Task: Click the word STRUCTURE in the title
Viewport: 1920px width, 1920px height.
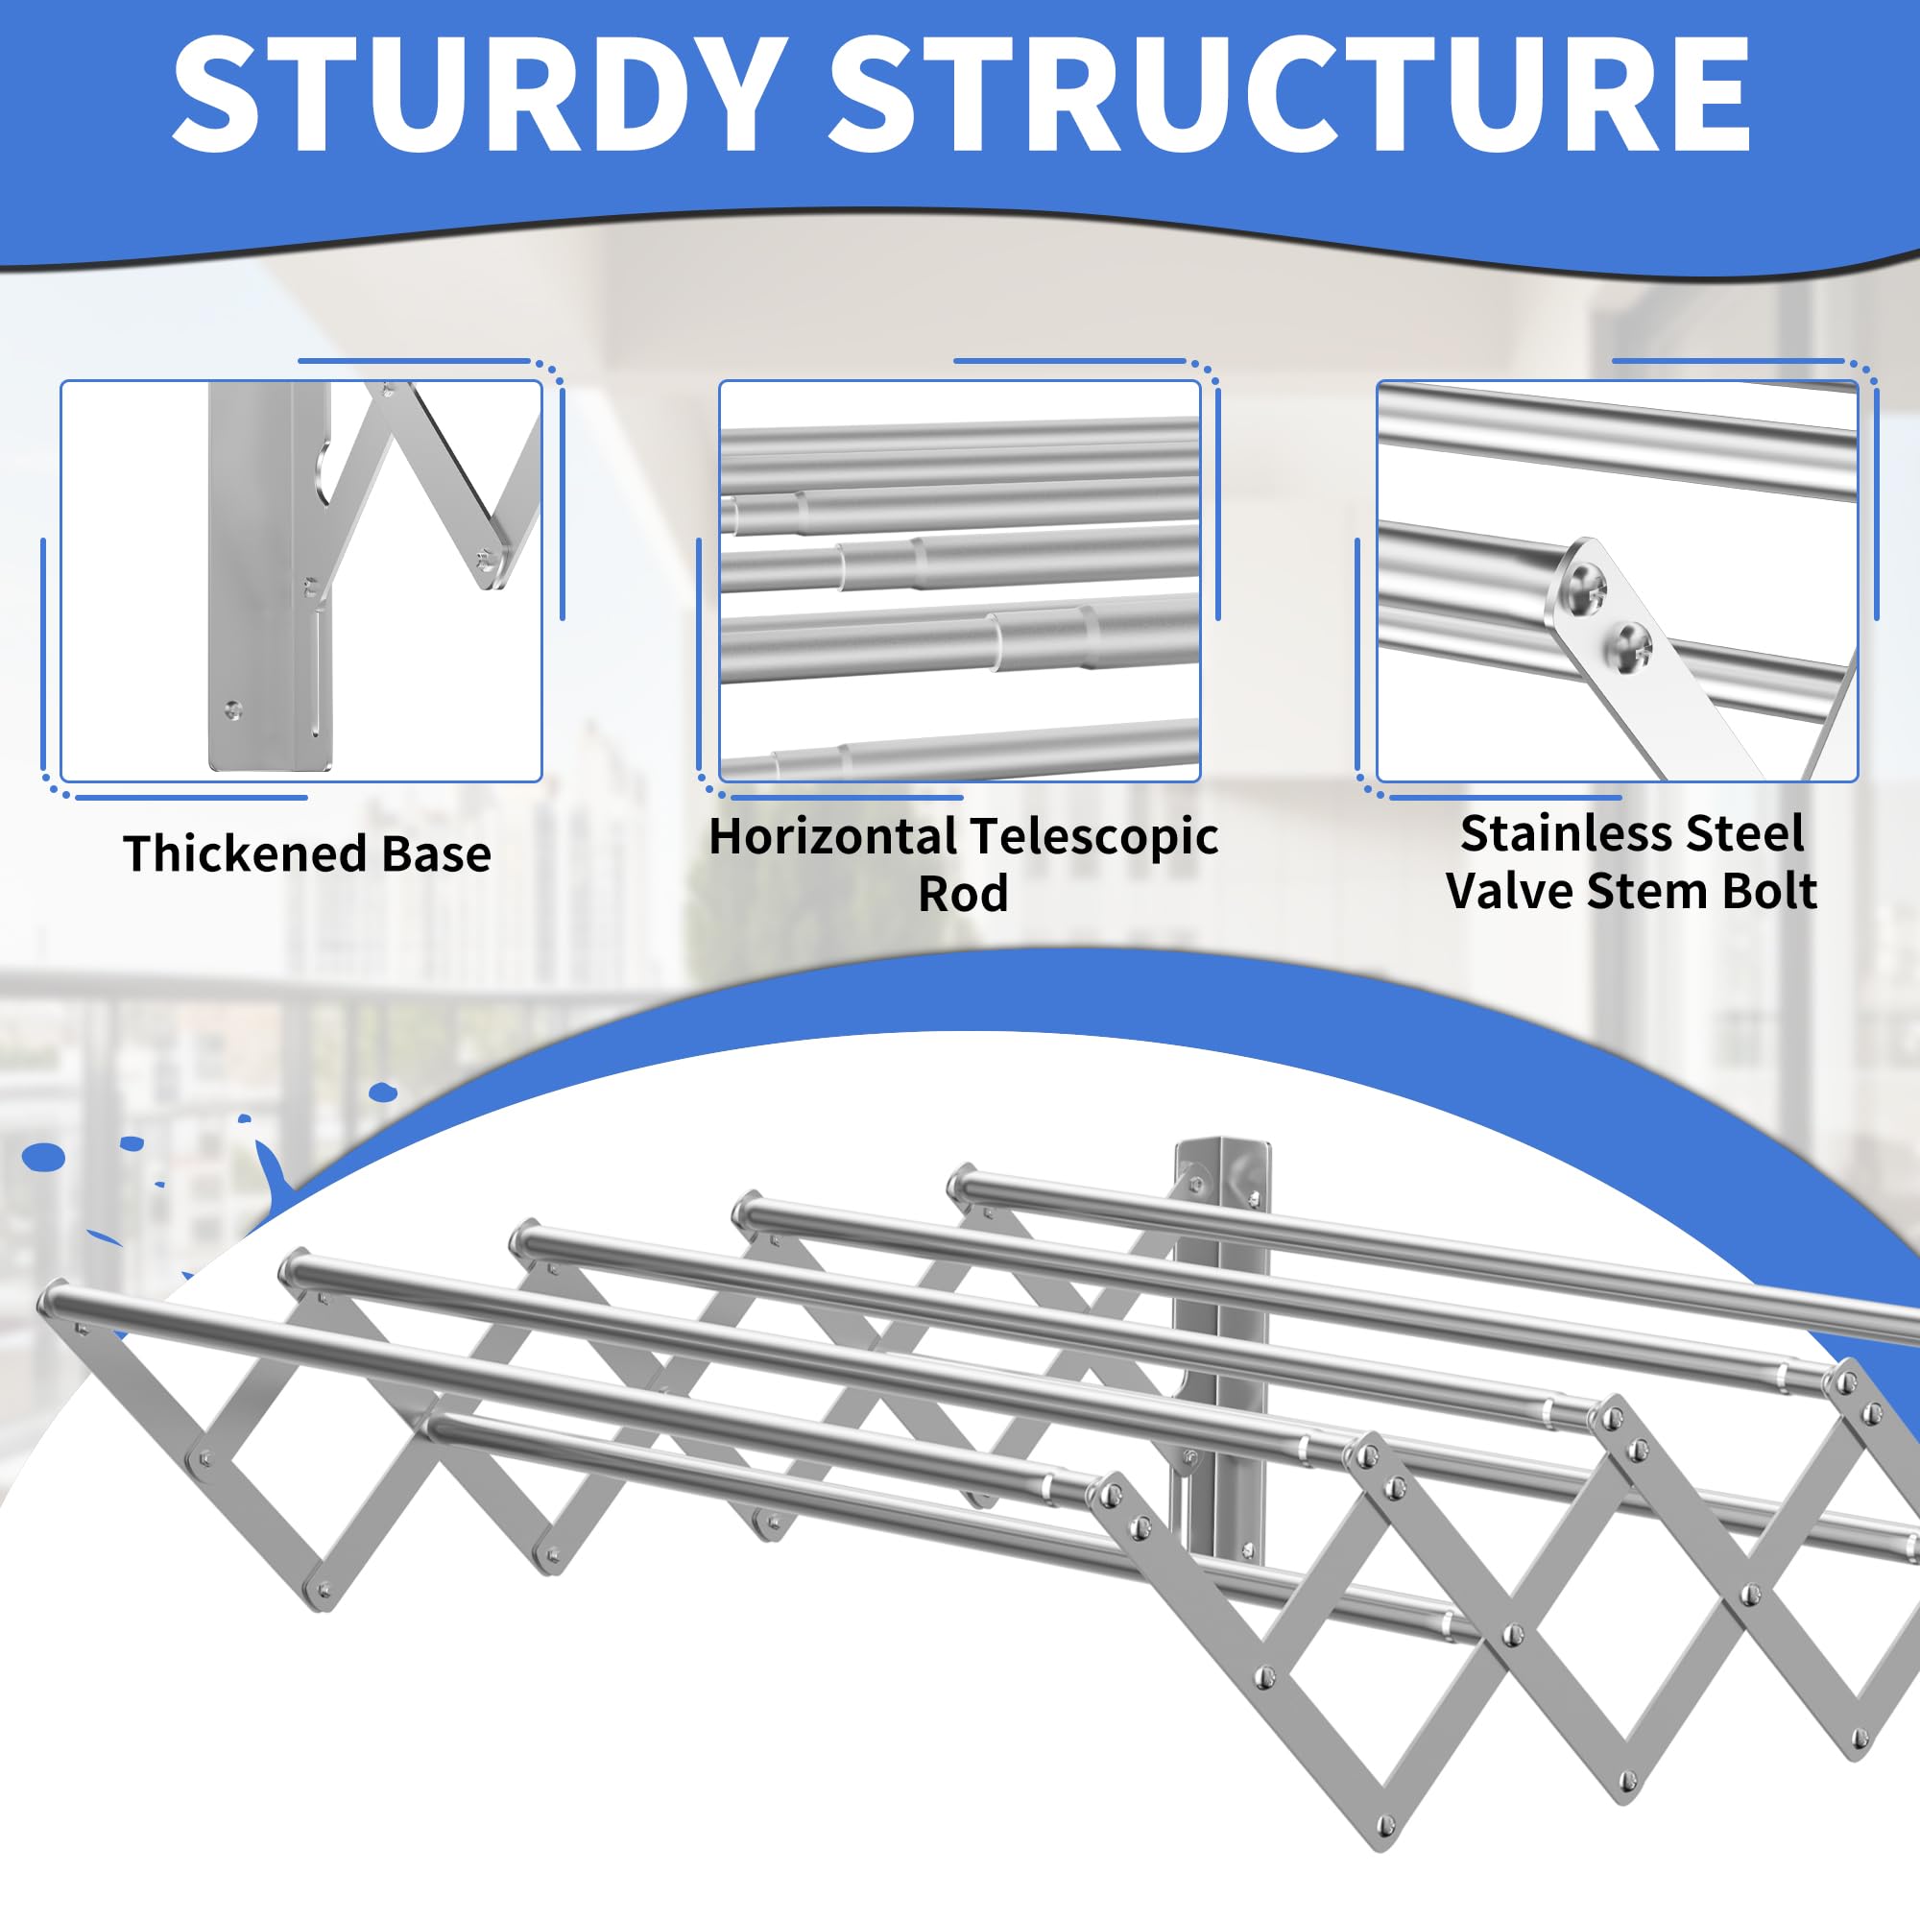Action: coord(1290,94)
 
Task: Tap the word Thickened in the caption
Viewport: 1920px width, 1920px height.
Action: coord(245,852)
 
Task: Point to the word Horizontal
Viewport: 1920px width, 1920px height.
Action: coord(831,836)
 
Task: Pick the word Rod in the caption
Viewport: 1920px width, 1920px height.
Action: coord(962,894)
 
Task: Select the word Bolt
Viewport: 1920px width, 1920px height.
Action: coord(1770,891)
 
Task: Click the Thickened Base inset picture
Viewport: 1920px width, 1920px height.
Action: coord(301,582)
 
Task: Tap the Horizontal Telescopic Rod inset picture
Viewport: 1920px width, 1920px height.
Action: coord(960,582)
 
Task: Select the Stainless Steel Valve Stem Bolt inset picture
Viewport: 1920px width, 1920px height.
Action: coord(1617,582)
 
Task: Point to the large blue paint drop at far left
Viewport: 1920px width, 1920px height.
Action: coord(43,1156)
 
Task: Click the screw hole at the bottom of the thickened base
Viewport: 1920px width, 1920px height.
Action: coord(232,709)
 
